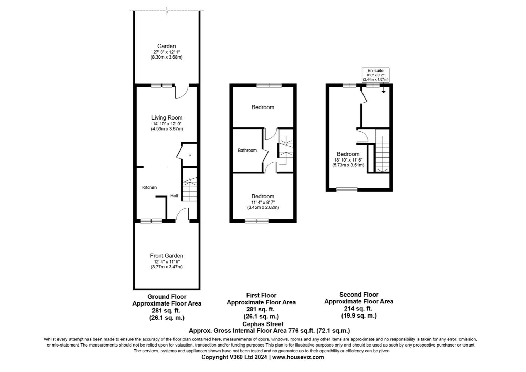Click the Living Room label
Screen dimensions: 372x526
click(167, 117)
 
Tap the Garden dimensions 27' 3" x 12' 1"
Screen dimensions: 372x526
click(167, 52)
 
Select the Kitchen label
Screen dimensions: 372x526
click(149, 187)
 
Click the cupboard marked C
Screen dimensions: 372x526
click(190, 155)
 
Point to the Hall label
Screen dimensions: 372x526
click(174, 196)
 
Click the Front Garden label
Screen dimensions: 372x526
click(167, 256)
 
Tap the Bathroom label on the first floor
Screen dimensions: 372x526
click(247, 150)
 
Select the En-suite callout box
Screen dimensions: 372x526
click(375, 75)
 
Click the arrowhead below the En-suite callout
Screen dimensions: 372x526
click(383, 92)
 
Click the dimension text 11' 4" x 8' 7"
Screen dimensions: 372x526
click(263, 202)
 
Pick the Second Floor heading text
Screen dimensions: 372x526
click(359, 294)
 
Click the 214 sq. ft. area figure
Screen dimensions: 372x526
click(359, 309)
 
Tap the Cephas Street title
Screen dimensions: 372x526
click(263, 324)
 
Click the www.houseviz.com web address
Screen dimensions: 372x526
click(298, 357)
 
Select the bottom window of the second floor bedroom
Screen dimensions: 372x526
click(347, 189)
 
